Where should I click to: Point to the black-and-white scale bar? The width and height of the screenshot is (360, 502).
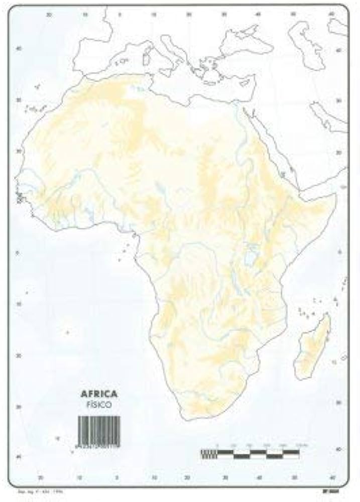pos(250,453)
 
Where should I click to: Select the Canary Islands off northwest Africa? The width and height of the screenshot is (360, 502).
pos(35,108)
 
